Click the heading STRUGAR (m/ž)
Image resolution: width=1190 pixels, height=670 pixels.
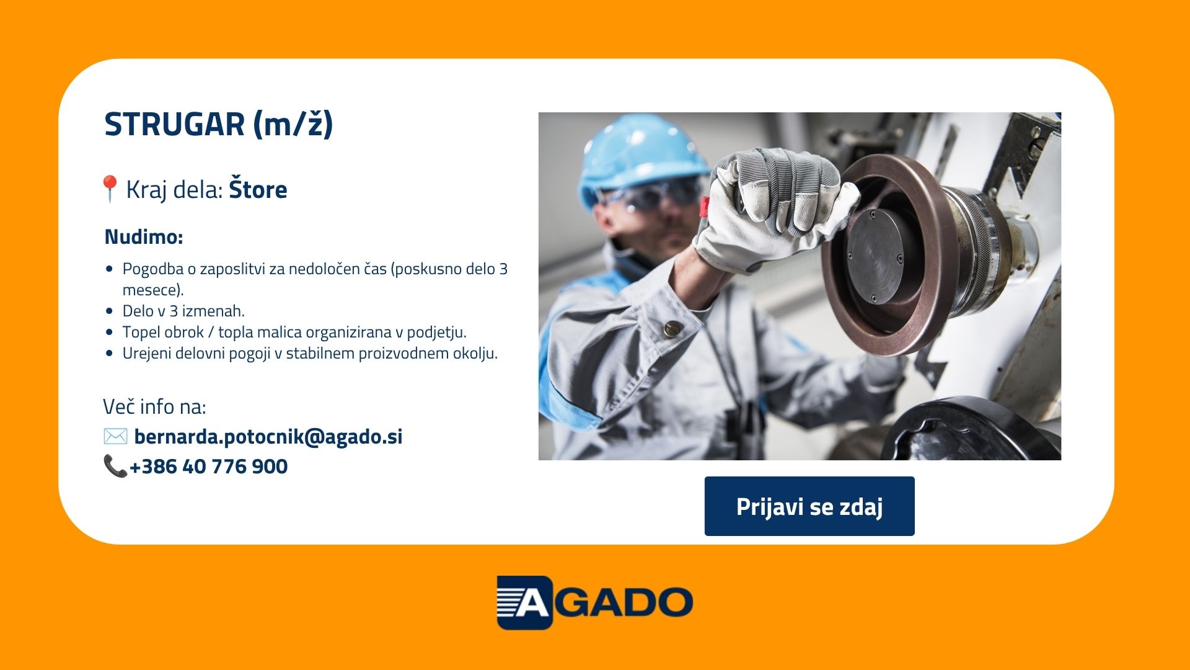(219, 124)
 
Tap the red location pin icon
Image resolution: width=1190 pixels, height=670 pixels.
(110, 189)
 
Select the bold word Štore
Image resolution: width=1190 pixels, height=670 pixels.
(258, 189)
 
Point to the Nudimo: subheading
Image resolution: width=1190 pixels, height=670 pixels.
(144, 236)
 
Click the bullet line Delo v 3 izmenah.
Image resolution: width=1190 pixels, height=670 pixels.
(183, 311)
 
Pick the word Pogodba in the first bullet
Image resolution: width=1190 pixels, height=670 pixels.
(153, 269)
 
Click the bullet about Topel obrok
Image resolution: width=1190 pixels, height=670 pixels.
(294, 332)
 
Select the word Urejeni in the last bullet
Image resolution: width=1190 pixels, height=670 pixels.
(147, 353)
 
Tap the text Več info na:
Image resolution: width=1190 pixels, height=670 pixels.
(154, 406)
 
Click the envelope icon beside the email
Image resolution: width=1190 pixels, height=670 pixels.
(115, 436)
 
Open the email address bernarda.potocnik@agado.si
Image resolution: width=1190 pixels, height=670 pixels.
(268, 436)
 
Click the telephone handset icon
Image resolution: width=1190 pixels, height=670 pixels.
(115, 466)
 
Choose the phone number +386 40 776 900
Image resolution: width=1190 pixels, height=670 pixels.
(209, 467)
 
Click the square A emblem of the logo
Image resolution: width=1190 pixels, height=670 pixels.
(524, 602)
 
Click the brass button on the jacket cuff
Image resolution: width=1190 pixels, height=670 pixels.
(671, 328)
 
